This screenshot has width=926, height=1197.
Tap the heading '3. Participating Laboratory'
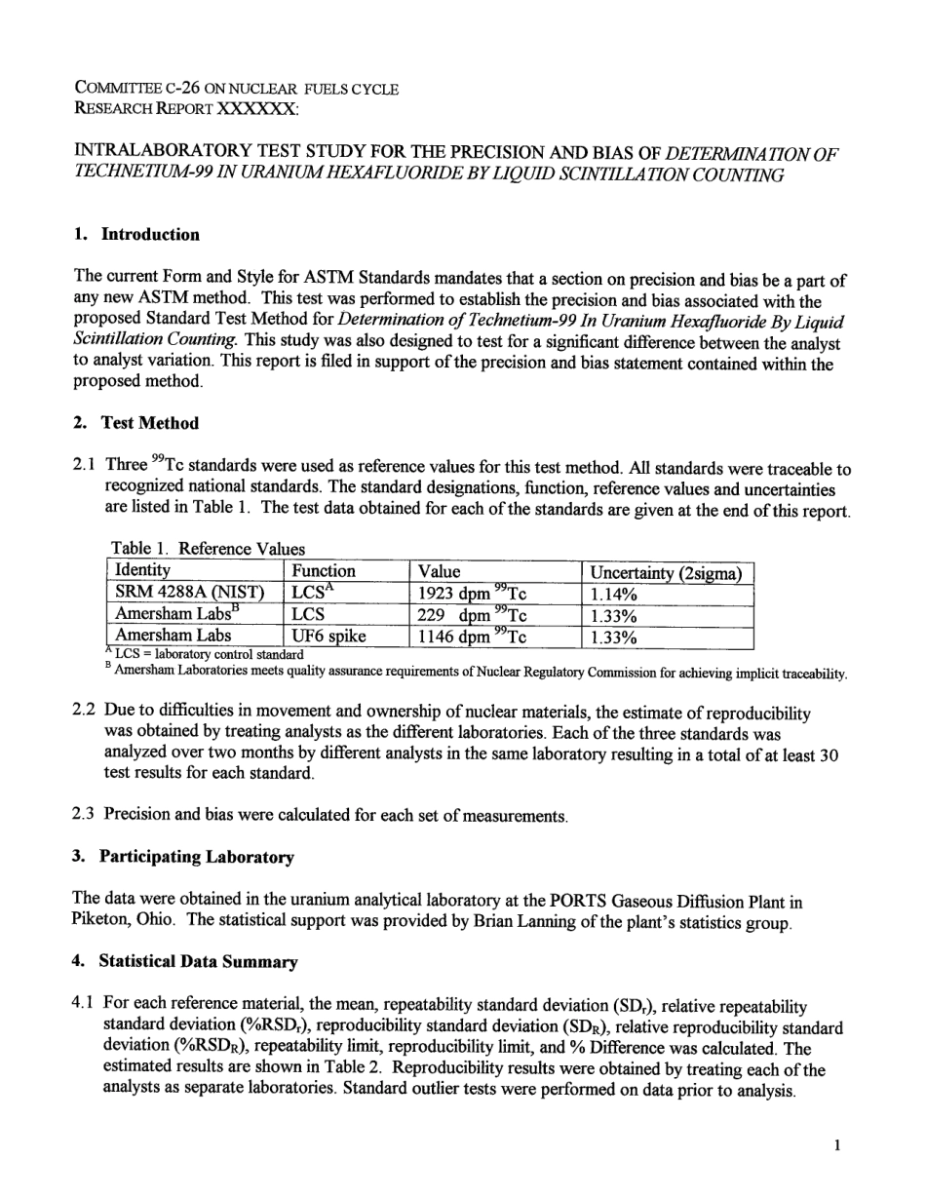183,857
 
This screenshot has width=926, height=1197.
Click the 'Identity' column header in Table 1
142,571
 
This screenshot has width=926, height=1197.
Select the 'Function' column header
325,571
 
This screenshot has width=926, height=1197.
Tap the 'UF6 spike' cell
329,637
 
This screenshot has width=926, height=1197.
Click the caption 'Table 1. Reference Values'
208,549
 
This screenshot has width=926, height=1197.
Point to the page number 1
836,1145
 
